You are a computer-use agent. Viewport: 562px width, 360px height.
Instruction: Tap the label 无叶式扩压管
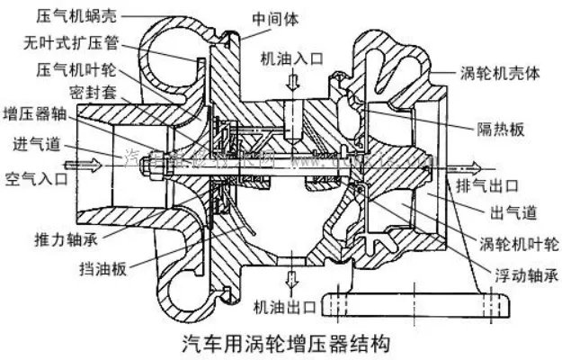(67, 42)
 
